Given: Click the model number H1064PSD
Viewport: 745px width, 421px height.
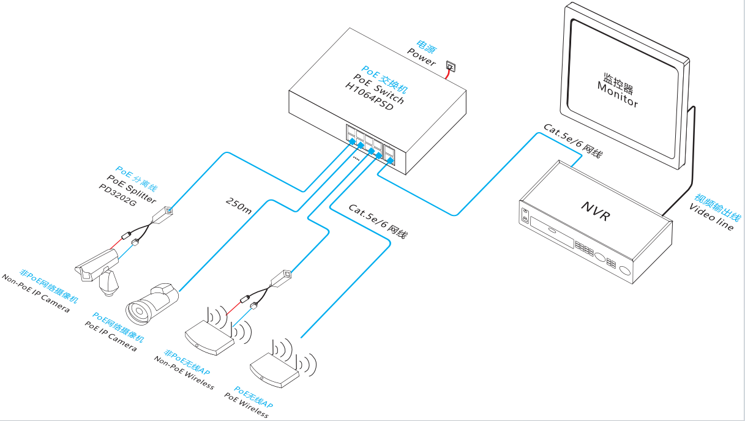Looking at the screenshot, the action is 369,97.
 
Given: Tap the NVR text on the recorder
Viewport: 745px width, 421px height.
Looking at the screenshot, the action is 596,211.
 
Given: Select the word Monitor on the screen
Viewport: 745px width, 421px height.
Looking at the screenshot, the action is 618,95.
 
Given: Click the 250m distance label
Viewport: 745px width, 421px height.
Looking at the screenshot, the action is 239,206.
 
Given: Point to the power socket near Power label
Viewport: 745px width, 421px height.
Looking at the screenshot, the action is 451,67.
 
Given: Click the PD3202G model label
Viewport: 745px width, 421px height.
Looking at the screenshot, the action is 118,195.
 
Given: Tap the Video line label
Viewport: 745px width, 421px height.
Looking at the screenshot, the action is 711,217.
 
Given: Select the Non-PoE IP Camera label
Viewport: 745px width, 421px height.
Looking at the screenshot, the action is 36,293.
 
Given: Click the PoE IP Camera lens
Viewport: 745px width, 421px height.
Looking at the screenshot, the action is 138,311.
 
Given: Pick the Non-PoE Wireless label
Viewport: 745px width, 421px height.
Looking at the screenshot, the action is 184,373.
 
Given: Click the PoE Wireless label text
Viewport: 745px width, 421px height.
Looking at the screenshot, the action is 246,405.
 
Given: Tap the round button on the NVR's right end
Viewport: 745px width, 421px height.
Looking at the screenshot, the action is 625,270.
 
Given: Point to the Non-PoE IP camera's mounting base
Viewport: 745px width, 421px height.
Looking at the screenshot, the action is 108,284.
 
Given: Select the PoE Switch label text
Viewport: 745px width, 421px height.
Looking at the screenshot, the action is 378,89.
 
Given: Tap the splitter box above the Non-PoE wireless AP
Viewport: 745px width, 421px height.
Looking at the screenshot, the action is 282,278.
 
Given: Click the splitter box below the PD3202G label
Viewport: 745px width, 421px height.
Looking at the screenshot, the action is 163,215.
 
